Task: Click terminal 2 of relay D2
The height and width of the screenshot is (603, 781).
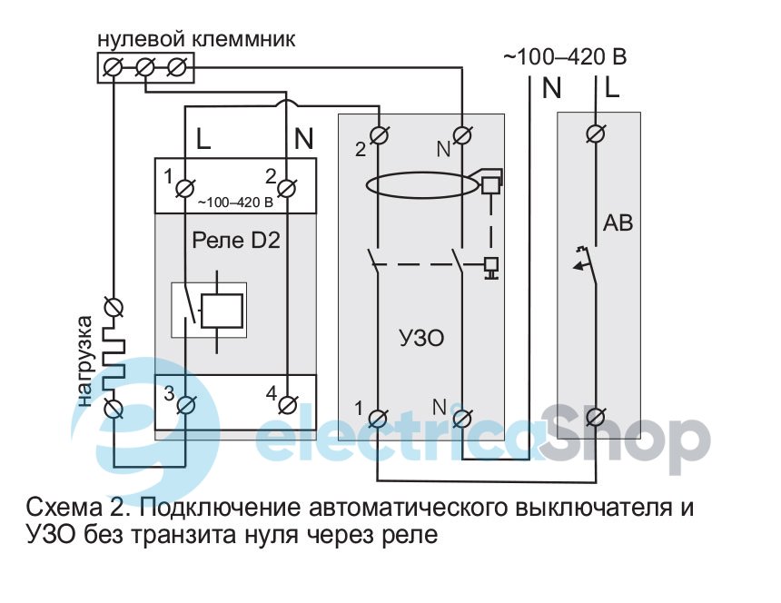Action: pyautogui.click(x=286, y=188)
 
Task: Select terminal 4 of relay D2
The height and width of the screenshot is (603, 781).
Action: pyautogui.click(x=286, y=403)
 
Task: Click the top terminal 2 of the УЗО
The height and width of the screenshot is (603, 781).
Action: pyautogui.click(x=377, y=136)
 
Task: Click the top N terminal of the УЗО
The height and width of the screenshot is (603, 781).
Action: pyautogui.click(x=461, y=136)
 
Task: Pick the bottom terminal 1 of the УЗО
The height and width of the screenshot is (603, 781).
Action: pyautogui.click(x=377, y=418)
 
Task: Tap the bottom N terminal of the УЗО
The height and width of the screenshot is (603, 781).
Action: pyautogui.click(x=461, y=418)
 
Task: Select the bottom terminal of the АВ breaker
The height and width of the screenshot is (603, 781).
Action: pyautogui.click(x=597, y=418)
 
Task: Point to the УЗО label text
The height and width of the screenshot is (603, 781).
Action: pyautogui.click(x=423, y=338)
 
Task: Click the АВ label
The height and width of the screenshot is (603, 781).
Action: pyautogui.click(x=617, y=222)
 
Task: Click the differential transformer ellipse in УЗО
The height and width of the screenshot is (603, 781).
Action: pyautogui.click(x=420, y=186)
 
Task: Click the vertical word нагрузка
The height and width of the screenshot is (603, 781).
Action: pyautogui.click(x=85, y=360)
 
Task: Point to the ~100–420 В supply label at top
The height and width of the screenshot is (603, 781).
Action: pyautogui.click(x=564, y=57)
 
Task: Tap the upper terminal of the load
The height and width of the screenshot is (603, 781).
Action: pyautogui.click(x=114, y=307)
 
